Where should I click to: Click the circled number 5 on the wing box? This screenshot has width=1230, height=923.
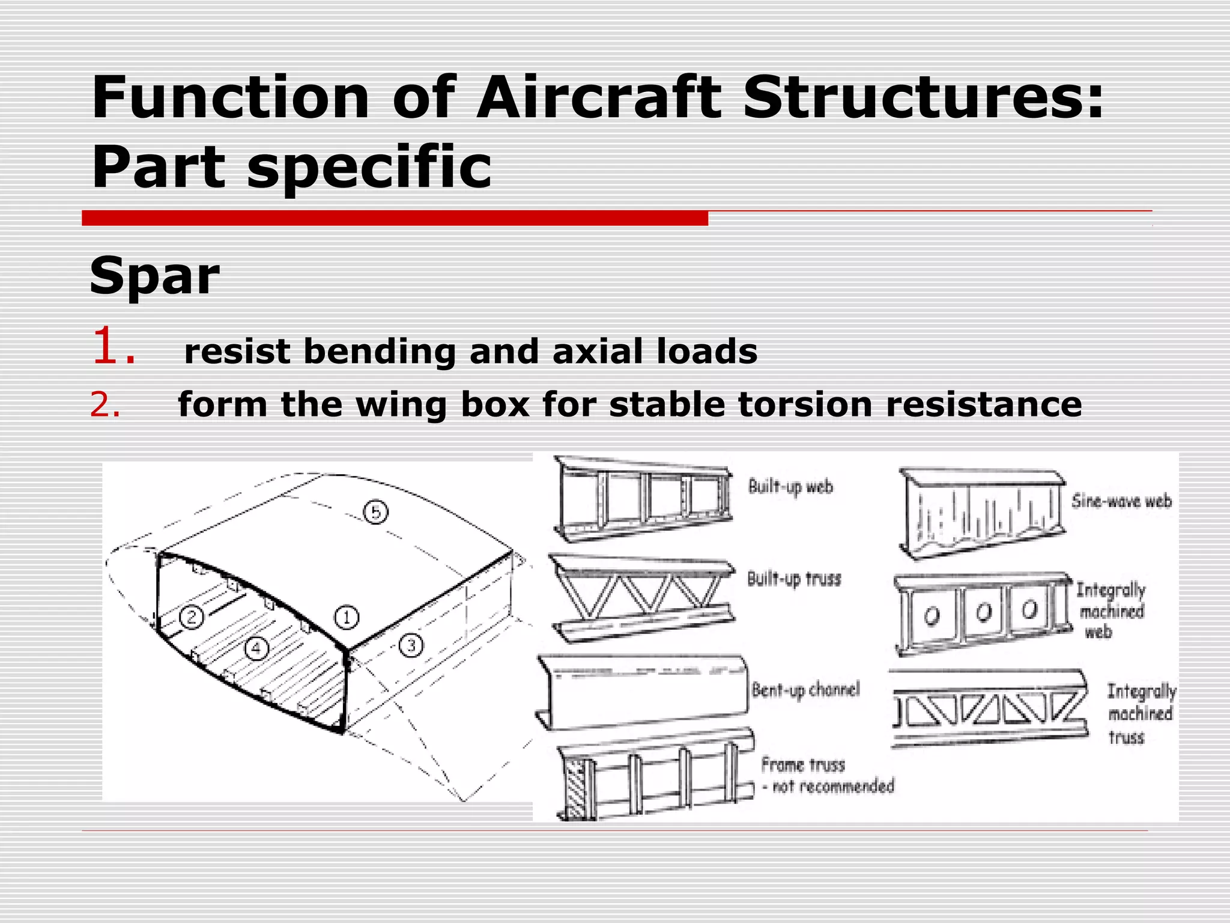[376, 512]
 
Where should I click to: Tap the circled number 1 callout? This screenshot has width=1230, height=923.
[347, 617]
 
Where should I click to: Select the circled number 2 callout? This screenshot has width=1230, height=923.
[192, 617]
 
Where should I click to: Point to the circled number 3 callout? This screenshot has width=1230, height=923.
[411, 645]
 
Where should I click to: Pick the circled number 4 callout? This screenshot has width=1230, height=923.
[256, 648]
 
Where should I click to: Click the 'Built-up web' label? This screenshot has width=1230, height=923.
[790, 487]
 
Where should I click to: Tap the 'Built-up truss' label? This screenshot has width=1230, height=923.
[794, 579]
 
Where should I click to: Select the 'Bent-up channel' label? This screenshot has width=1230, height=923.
[805, 690]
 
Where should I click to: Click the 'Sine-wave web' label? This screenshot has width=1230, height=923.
[1121, 501]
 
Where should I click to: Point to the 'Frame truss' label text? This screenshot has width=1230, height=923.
[803, 765]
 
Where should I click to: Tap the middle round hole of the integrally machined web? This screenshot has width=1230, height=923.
[983, 612]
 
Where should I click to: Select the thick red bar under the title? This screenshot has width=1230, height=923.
[395, 218]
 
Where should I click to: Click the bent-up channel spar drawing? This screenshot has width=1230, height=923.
[643, 694]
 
